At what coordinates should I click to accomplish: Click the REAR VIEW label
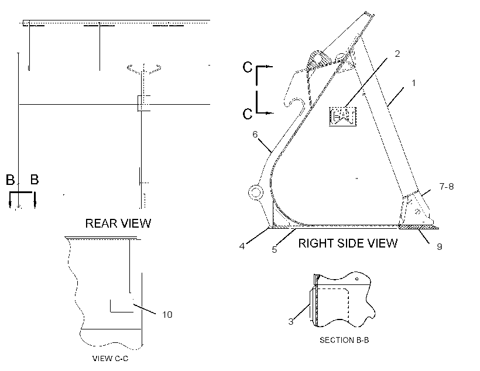tap(118, 223)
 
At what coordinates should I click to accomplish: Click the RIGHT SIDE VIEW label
tap(348, 243)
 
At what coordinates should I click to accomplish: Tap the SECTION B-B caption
tap(344, 340)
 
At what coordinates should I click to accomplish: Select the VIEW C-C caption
tap(110, 359)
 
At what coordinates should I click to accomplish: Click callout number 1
tap(414, 83)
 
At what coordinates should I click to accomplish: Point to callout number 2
tap(397, 54)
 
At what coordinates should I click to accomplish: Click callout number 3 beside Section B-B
tap(291, 321)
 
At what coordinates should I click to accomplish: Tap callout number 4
tap(242, 246)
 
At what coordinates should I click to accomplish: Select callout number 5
tap(275, 249)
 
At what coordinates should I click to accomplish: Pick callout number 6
tap(255, 135)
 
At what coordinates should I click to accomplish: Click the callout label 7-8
tap(446, 187)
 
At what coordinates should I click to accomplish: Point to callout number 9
tap(439, 247)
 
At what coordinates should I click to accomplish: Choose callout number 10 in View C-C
tap(167, 315)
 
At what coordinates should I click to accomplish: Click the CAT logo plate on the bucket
tap(343, 116)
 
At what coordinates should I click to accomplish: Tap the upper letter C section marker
tap(248, 67)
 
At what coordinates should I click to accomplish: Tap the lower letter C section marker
tap(248, 114)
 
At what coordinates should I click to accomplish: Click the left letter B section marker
tap(10, 180)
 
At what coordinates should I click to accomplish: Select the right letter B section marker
tap(35, 180)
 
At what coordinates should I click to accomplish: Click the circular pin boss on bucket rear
tap(256, 193)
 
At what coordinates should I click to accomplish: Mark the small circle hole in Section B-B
tap(356, 279)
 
